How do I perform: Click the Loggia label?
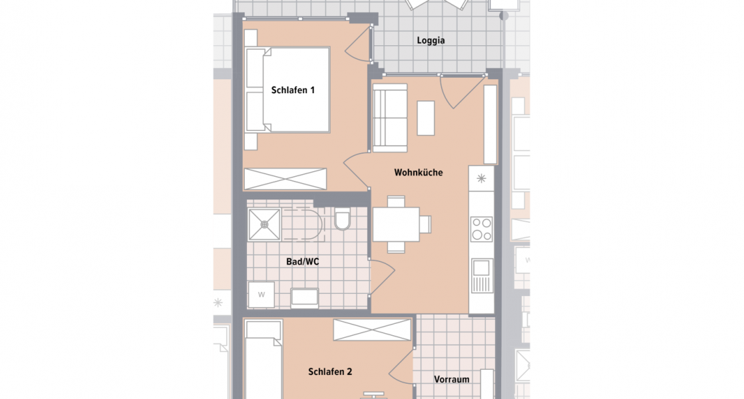coord(431,41)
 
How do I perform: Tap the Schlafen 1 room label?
coord(293,90)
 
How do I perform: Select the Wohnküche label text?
coord(418,173)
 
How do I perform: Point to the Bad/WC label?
coord(303,262)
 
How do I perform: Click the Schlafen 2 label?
coord(330,372)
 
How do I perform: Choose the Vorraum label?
coord(451,380)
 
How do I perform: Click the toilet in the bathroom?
coord(343,219)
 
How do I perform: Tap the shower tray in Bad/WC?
coord(264,225)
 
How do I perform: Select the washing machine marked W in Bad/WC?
coord(262,294)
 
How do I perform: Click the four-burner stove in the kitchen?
coord(481,229)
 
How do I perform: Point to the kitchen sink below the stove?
coord(481,275)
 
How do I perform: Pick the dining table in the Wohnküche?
coord(396,225)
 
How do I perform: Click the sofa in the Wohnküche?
coord(389,117)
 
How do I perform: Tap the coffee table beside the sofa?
coord(425,118)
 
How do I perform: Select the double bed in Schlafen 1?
coord(288,89)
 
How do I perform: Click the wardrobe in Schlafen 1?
coord(286,180)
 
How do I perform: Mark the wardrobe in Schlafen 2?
coord(372,330)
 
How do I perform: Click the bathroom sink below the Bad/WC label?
coord(305,297)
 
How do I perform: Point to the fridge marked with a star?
coord(481,178)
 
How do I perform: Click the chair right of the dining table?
coord(425,225)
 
